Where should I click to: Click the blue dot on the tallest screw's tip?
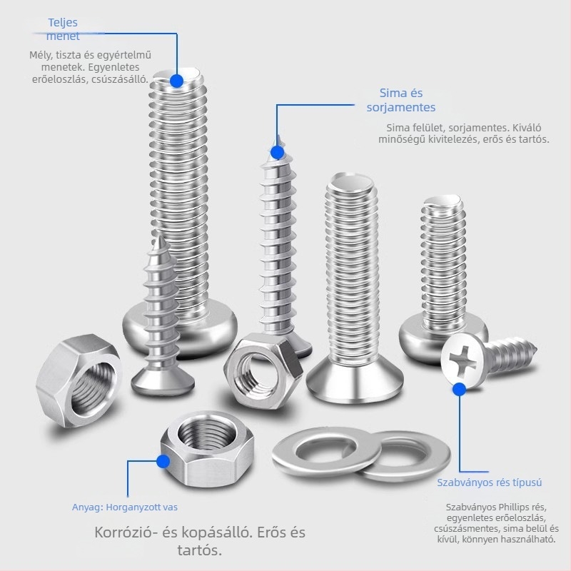coord(176,81)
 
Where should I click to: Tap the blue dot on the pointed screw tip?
coord(277,152)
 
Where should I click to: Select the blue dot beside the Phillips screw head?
coord(459,389)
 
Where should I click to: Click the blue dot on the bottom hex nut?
coord(163,461)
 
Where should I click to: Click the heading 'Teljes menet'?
coord(63,29)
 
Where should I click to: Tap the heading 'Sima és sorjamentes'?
coord(401,100)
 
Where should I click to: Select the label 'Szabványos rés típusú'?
coord(490,482)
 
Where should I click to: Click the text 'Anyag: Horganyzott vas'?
coord(124,507)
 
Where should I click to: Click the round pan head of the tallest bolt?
coord(180,328)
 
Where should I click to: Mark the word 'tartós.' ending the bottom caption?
coord(200,550)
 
